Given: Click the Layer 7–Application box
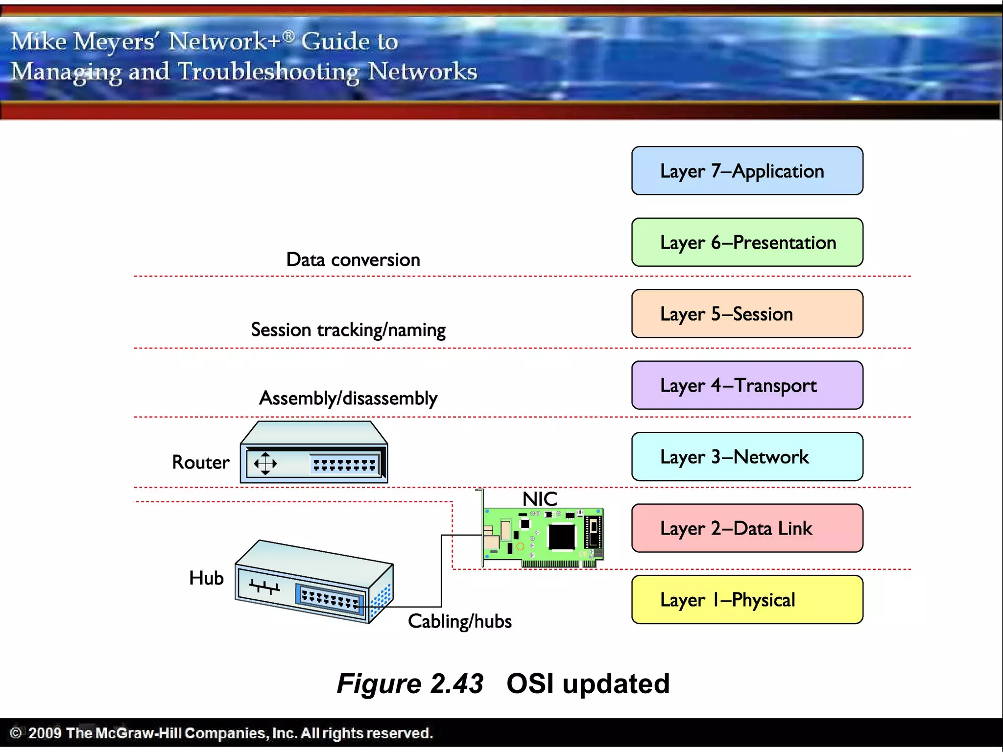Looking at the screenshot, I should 747,171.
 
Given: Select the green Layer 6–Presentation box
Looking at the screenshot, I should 747,242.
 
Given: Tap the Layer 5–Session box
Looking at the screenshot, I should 747,314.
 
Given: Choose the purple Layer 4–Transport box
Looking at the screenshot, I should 747,385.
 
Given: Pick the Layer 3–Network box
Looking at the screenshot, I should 747,457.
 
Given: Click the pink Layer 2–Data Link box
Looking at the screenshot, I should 747,528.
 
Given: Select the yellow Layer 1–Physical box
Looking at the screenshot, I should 747,600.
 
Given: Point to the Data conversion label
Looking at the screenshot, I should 353,259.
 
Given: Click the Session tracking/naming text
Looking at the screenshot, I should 348,330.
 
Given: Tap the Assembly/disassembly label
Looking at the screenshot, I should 348,399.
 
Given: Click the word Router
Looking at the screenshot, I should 201,462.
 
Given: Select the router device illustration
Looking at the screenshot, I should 314,453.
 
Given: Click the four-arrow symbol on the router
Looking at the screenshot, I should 265,463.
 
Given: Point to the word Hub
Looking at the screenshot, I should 206,578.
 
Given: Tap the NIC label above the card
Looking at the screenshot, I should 540,499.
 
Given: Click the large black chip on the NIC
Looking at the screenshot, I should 561,537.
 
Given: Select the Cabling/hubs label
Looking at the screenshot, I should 460,621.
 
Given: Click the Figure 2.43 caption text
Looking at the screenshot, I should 410,683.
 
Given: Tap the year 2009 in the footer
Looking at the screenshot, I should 45,733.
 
